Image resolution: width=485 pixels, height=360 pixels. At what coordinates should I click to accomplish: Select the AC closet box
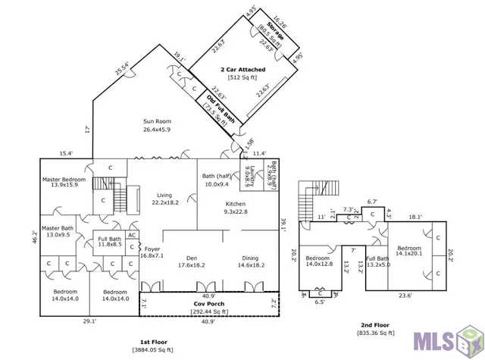[131, 236]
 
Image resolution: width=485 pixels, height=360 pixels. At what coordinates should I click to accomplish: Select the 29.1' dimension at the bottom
[89, 321]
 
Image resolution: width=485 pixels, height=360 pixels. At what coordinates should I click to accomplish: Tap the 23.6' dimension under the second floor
[407, 296]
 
